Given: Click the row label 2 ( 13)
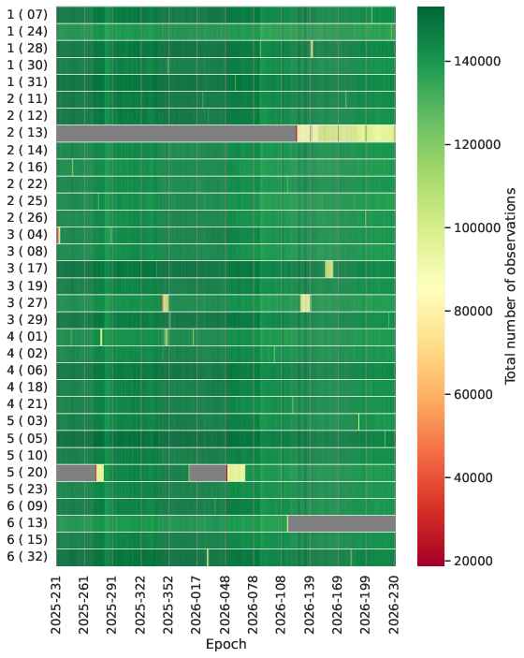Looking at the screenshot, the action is point(27,133).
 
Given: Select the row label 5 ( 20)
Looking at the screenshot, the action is point(27,473).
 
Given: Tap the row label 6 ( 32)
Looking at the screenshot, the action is point(27,557).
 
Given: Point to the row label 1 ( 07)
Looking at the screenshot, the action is point(27,15).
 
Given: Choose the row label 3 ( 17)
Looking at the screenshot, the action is point(27,268).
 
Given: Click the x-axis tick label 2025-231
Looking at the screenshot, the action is point(56,605).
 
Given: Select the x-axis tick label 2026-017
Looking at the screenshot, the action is point(197,605).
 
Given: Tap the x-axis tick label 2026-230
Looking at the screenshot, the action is point(395,605).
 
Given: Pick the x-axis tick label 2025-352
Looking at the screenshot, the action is point(169,605).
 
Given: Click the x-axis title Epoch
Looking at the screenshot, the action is point(226,644).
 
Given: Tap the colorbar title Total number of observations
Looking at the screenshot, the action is point(510,286).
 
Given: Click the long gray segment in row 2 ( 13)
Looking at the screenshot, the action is point(176,133).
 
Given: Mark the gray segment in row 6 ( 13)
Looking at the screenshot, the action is point(342,523).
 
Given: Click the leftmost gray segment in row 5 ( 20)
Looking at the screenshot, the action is point(76,473).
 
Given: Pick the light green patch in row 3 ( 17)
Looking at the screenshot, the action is point(329,269).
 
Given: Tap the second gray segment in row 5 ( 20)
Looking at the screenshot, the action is point(208,473).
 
